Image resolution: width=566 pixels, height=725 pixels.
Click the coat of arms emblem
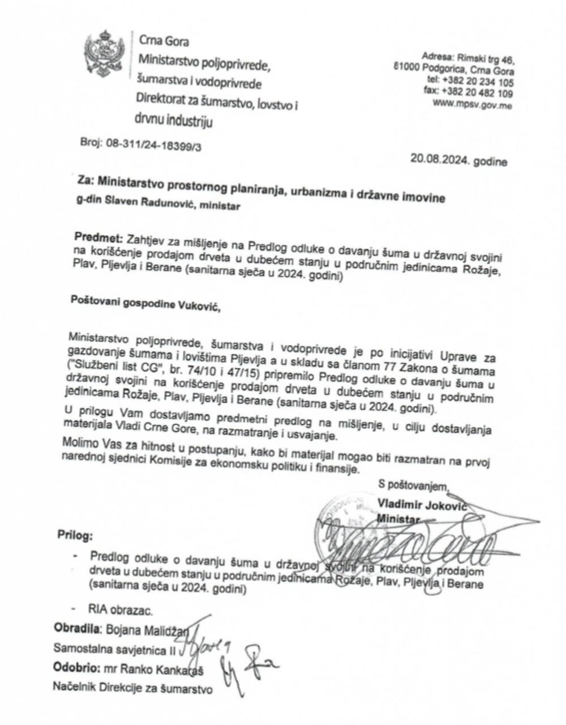[x=104, y=54]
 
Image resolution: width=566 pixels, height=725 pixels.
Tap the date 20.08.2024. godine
[x=459, y=161]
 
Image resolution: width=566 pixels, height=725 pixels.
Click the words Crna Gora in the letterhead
[x=164, y=41]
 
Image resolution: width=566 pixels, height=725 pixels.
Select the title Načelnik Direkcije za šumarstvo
[x=133, y=688]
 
